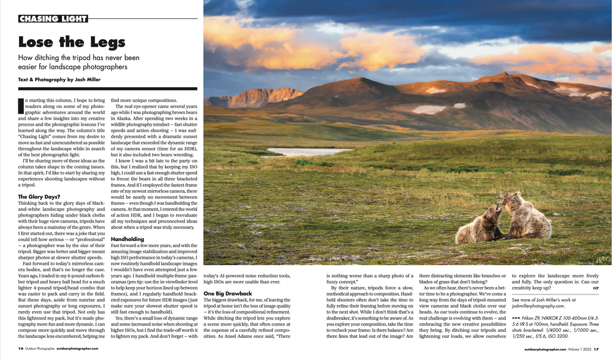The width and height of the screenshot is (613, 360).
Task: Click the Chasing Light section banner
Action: click(x=53, y=18)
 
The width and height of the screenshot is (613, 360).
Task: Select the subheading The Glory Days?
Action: click(x=39, y=197)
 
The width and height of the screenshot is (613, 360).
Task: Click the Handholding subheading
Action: click(x=128, y=239)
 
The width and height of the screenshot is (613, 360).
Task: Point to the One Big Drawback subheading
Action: click(x=227, y=294)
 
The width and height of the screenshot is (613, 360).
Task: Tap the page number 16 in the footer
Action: click(x=21, y=349)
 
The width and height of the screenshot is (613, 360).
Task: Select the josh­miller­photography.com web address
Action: click(x=538, y=305)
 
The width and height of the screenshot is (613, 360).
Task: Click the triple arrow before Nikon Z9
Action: click(x=516, y=318)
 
